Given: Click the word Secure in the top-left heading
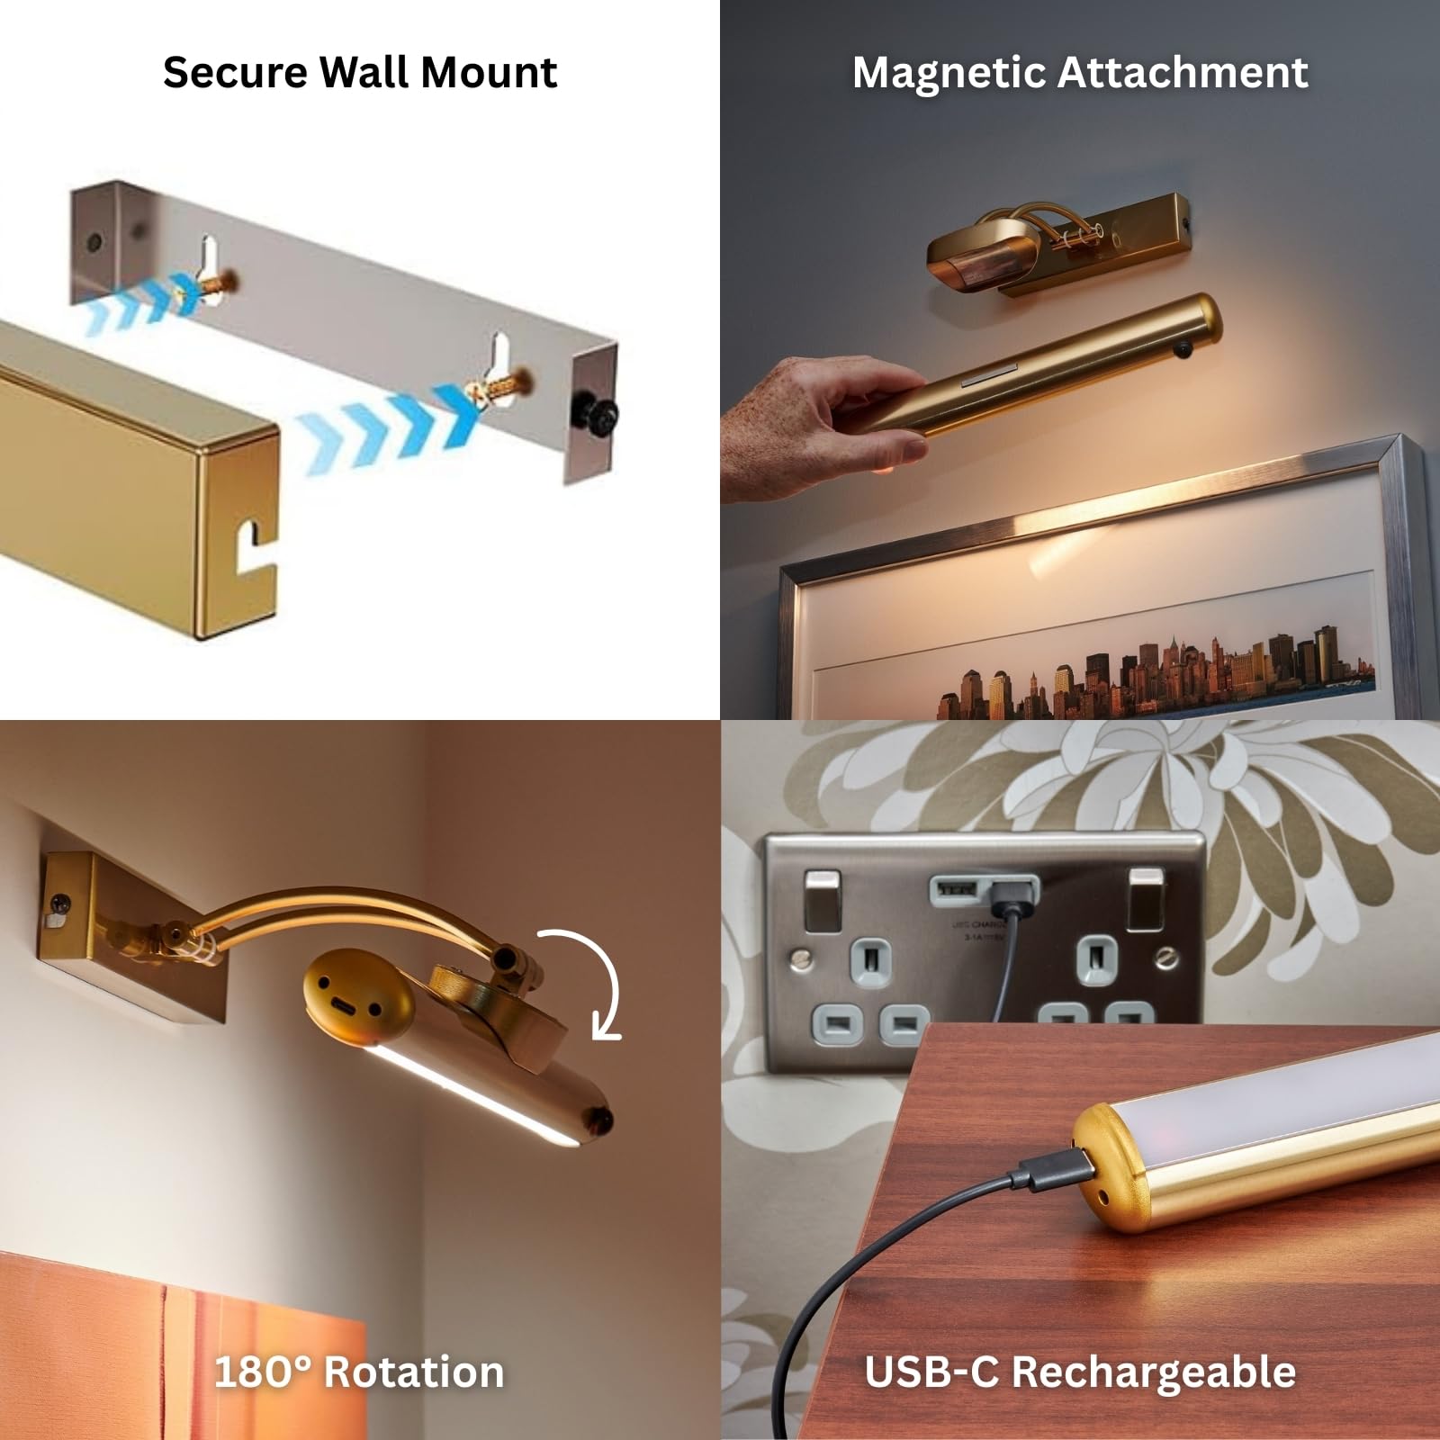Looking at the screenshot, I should point(235,72).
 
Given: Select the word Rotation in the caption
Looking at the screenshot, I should point(413,1372).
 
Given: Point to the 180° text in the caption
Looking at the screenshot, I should point(262,1372).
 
